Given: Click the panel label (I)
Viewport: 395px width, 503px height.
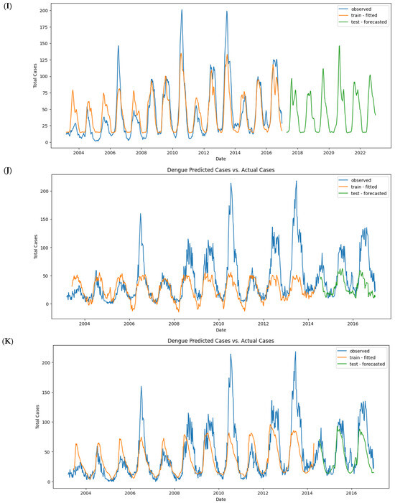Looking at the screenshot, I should pos(9,7).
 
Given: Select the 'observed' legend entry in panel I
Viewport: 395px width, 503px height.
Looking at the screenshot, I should pos(360,8).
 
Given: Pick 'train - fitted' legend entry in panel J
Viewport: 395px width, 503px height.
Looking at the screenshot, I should pos(362,185).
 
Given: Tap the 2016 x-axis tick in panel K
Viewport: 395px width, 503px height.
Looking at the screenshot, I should pos(351,493).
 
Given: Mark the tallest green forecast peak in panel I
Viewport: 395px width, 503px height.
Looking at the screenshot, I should pos(339,46).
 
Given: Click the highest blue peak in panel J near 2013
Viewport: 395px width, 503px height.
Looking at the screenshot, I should pos(296,182).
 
